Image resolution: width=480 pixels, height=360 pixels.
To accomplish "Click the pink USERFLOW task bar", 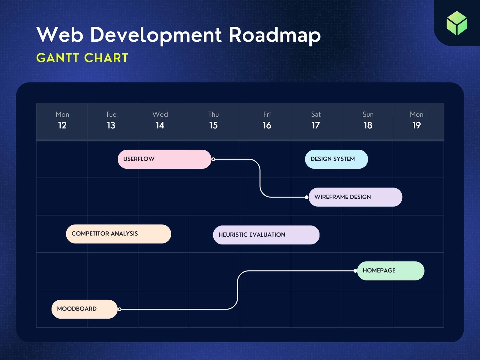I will (x=164, y=159).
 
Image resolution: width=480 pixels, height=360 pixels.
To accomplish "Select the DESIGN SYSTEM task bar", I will (x=336, y=159).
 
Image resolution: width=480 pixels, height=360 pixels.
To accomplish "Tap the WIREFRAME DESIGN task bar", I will (x=355, y=197).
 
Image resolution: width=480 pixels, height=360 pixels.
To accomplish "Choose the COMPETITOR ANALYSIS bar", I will (x=118, y=234).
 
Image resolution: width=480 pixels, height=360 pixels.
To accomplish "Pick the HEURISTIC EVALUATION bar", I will (x=266, y=235).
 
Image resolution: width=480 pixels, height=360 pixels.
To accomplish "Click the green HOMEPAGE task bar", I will (x=391, y=271).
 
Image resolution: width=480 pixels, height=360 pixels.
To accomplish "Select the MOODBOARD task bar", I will (x=84, y=309).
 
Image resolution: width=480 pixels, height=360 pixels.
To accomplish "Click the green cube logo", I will (x=457, y=23).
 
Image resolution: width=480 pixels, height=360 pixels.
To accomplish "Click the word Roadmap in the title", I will (x=274, y=35).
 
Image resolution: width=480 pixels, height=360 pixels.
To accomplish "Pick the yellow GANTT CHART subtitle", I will (x=82, y=58).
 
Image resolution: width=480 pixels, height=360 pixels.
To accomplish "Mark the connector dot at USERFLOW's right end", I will (x=213, y=159).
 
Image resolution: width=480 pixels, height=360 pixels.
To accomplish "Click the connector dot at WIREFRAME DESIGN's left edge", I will (x=306, y=197).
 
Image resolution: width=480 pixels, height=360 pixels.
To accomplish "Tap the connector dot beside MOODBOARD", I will (x=119, y=309).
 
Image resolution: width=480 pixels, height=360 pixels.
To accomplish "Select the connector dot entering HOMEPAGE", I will (x=355, y=271).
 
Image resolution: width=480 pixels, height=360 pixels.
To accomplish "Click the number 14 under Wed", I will (x=160, y=125).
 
